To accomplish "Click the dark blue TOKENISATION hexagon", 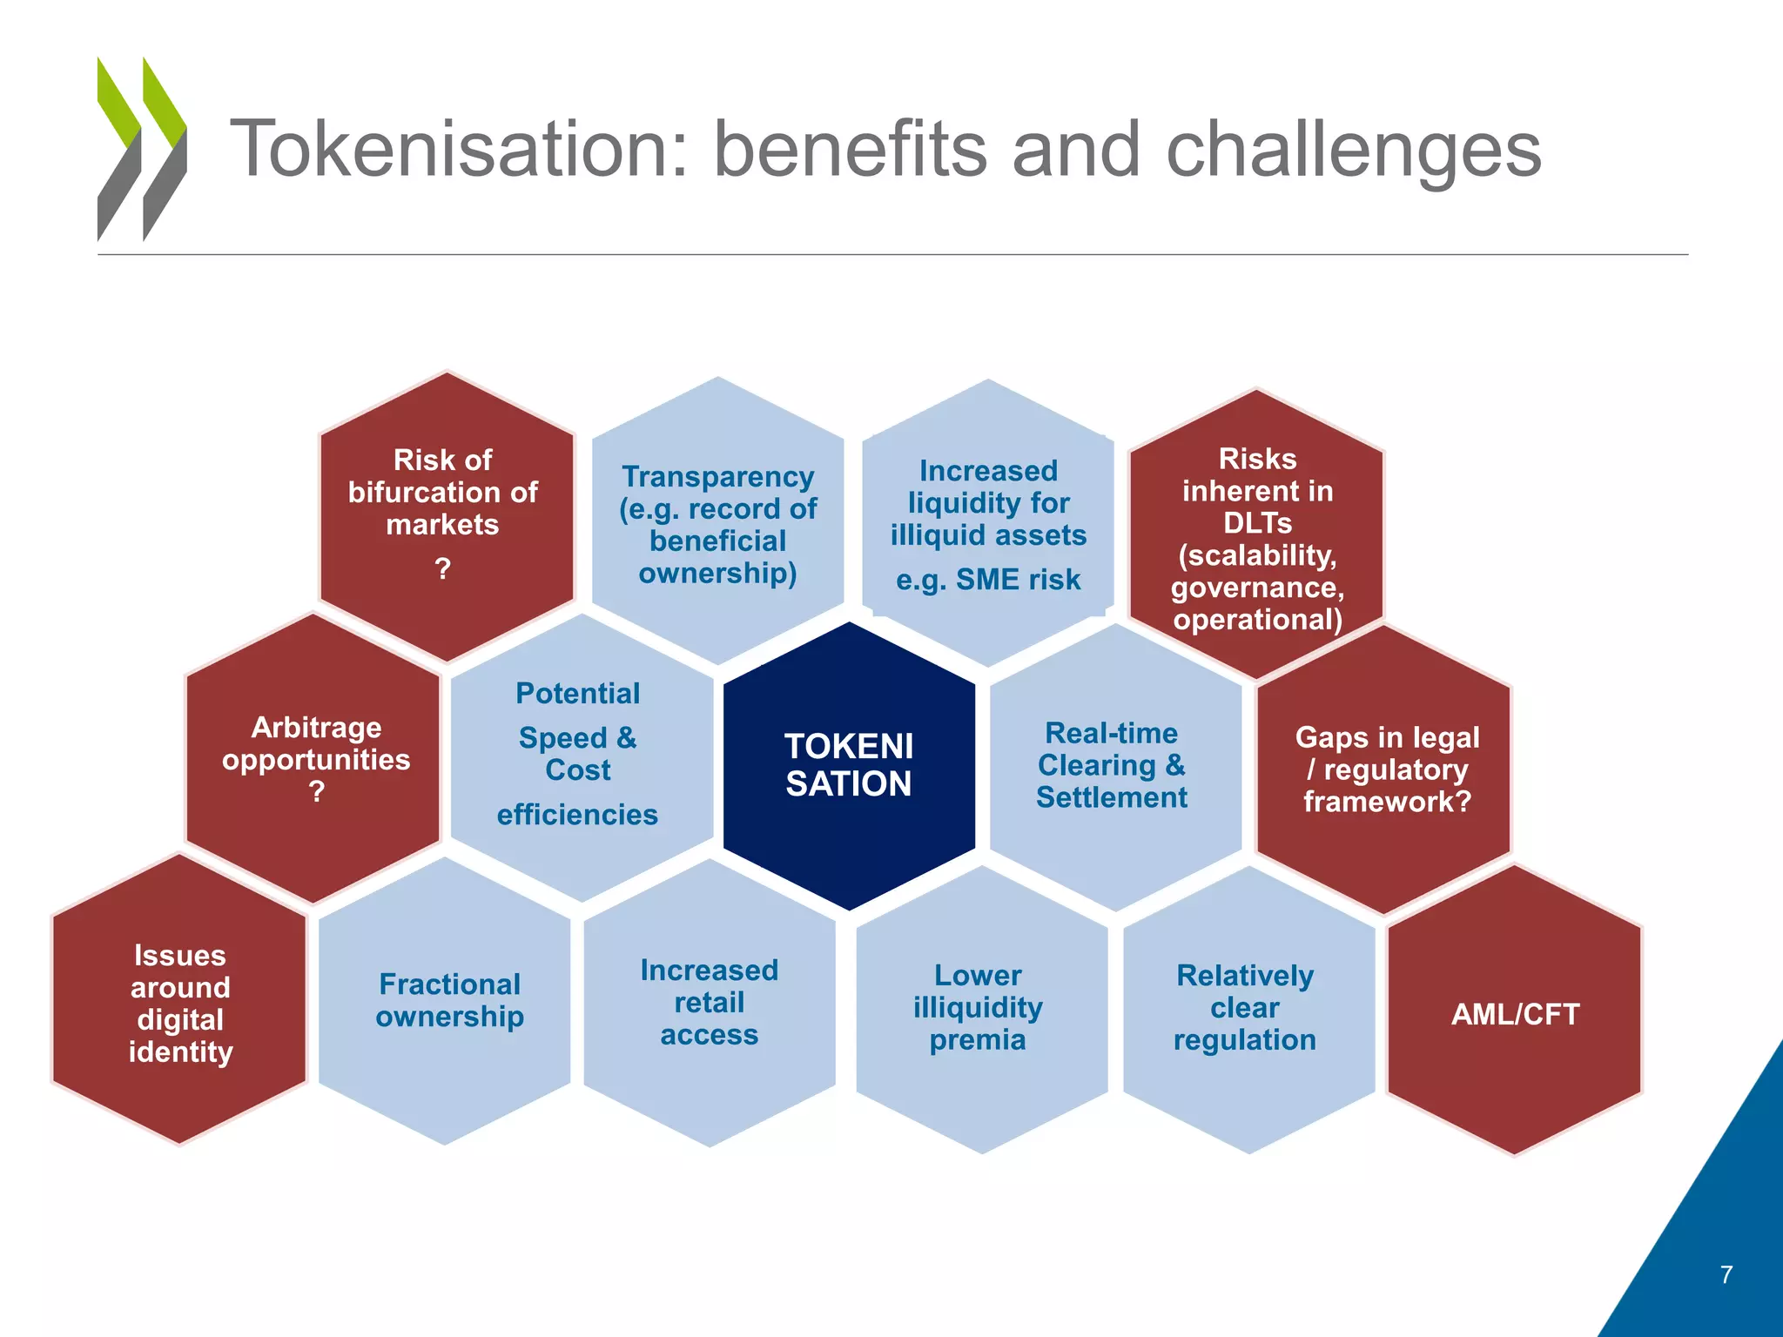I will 849,766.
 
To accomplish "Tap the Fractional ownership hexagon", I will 448,1001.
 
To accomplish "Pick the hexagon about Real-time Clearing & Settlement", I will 1112,766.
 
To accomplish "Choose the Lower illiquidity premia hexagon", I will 979,1007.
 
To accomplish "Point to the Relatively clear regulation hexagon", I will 1245,1007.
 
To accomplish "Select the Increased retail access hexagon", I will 709,1002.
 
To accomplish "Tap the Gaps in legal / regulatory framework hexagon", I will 1386,769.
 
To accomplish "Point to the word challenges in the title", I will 1352,150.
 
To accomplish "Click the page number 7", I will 1726,1274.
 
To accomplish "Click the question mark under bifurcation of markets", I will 442,569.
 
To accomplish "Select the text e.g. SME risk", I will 988,580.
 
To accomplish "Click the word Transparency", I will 717,477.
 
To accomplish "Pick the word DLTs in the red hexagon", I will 1256,523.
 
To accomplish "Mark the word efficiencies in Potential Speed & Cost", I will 577,815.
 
